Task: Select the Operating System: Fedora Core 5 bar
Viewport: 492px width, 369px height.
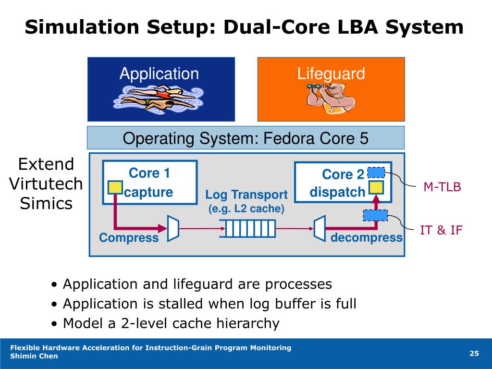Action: [x=246, y=138]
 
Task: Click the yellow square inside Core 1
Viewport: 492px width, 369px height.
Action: [x=115, y=187]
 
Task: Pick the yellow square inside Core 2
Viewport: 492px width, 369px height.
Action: [x=376, y=187]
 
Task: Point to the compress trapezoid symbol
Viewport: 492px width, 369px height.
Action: [x=173, y=227]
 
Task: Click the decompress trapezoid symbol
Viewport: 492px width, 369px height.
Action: [x=319, y=227]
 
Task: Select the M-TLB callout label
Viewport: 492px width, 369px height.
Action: [x=442, y=187]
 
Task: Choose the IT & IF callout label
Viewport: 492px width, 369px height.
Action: [x=441, y=230]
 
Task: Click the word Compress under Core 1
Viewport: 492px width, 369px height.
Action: [x=129, y=238]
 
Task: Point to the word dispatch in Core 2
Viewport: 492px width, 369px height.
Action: [x=337, y=192]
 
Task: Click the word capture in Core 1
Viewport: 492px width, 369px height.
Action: [x=149, y=192]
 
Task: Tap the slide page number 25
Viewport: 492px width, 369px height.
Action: [x=474, y=354]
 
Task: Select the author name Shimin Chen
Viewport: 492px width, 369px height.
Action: [x=34, y=356]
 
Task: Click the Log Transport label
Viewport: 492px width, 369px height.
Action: [x=246, y=195]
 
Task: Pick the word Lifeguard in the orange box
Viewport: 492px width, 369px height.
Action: [x=331, y=74]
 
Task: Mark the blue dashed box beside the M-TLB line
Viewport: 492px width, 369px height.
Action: [x=376, y=172]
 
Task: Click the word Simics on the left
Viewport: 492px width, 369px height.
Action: [x=46, y=203]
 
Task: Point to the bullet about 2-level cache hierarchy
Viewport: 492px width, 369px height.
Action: [x=171, y=323]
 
